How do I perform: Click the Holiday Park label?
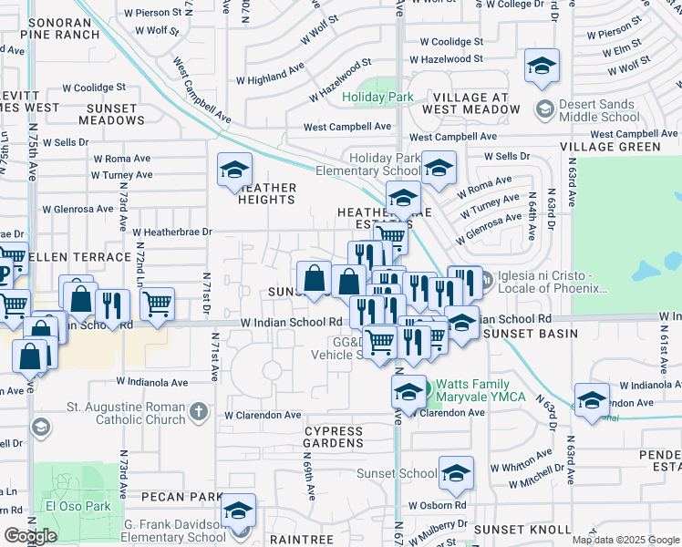tap(377, 97)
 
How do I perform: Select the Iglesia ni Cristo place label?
tap(551, 282)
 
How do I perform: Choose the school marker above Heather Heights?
tap(234, 169)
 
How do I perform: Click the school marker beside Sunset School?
tap(456, 472)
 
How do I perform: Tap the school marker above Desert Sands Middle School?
tap(542, 66)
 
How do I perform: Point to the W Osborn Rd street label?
tap(437, 505)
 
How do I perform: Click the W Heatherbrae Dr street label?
tap(171, 232)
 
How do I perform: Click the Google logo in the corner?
tap(30, 535)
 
